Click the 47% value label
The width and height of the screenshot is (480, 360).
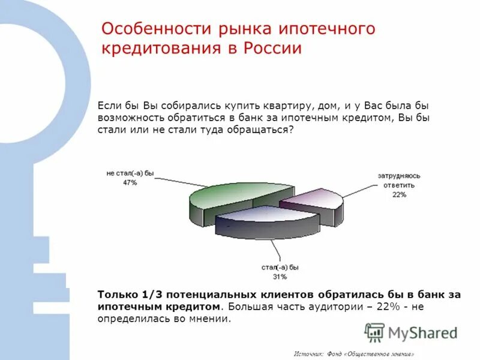[x=130, y=182]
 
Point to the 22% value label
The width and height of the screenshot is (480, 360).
[x=400, y=195]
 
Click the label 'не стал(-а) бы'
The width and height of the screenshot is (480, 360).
[x=130, y=173]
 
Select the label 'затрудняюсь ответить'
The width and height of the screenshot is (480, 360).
[x=400, y=181]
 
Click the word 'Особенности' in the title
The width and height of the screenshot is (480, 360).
[x=150, y=29]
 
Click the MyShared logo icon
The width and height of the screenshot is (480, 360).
[x=374, y=332]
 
